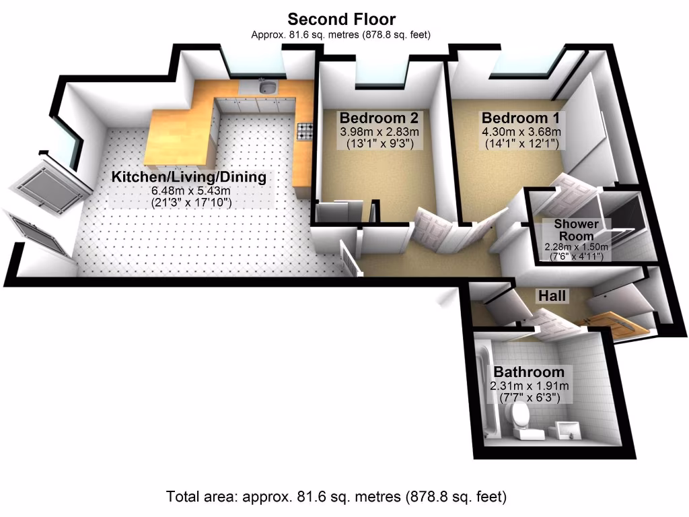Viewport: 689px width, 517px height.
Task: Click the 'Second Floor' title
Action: pyautogui.click(x=341, y=19)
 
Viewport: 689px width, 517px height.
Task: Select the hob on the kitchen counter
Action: pyautogui.click(x=304, y=131)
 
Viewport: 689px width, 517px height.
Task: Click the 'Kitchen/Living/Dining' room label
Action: pyautogui.click(x=188, y=178)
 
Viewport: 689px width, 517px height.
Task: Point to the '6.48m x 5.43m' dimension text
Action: pyautogui.click(x=189, y=191)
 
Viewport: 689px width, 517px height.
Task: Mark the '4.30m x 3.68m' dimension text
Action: pyautogui.click(x=521, y=132)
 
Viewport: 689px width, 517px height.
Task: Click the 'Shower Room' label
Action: pyautogui.click(x=577, y=230)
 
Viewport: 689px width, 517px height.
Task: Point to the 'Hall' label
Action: pyautogui.click(x=551, y=296)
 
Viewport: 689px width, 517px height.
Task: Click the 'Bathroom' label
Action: pyautogui.click(x=528, y=372)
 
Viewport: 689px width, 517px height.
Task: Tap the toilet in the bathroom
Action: pyautogui.click(x=520, y=419)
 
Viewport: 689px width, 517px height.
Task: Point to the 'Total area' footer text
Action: pyautogui.click(x=336, y=497)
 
